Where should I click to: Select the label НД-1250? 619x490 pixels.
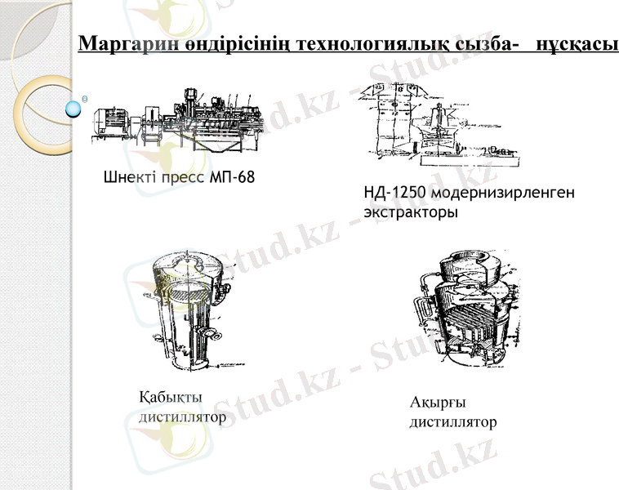[x=394, y=193]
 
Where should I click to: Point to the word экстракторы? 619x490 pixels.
[x=410, y=212]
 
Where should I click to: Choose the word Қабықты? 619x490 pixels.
[x=171, y=398]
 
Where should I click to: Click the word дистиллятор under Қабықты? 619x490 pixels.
[x=183, y=417]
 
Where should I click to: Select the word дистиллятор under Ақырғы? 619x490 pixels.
[x=452, y=422]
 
